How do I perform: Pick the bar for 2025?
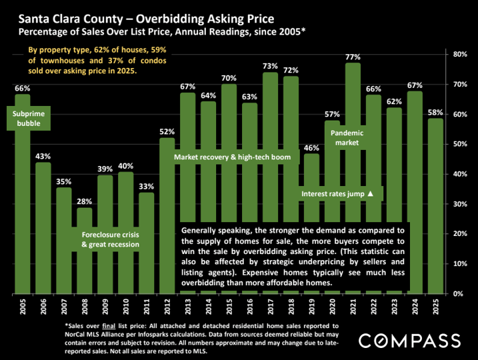pos(435,207)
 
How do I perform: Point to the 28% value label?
pos(85,202)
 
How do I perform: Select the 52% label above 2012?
pos(167,132)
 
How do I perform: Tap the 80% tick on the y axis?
pos(460,54)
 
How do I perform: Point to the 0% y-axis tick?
pos(458,293)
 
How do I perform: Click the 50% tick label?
pos(460,144)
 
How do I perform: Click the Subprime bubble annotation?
pos(25,119)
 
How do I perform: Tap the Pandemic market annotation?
pos(344,137)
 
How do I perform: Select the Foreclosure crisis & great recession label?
pos(111,240)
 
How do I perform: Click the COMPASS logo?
pos(409,340)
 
